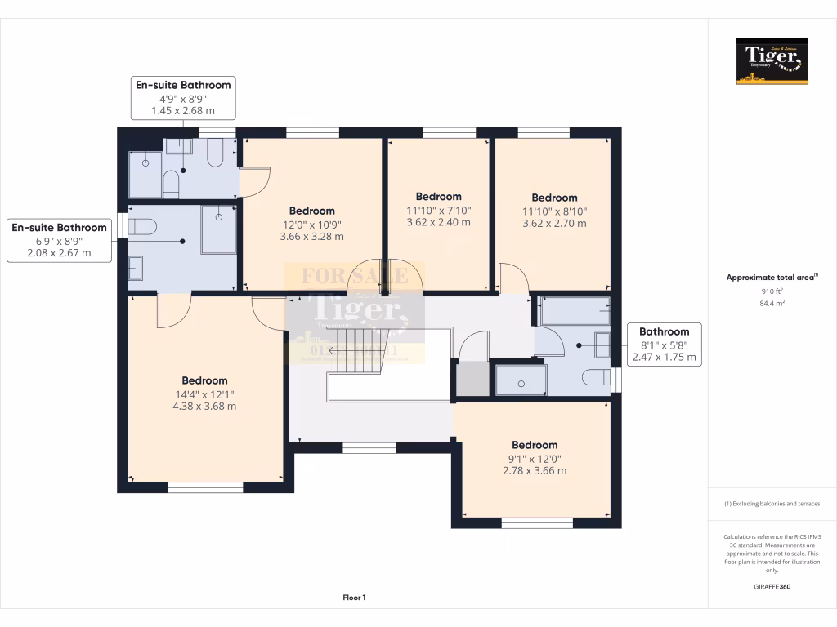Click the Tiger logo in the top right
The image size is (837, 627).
(x=772, y=60)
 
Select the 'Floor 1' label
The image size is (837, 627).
(x=354, y=598)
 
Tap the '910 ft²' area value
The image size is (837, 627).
(x=772, y=291)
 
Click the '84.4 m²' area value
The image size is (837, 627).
(x=772, y=304)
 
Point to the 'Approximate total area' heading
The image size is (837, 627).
(x=771, y=278)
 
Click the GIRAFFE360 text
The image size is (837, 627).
(x=772, y=586)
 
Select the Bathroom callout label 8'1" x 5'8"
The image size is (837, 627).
(x=664, y=344)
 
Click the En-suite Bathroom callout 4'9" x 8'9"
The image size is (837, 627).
(x=183, y=97)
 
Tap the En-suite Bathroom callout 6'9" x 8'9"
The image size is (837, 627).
(x=59, y=240)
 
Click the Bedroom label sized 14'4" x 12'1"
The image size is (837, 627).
(x=204, y=393)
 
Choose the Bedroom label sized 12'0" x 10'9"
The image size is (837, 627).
(x=311, y=223)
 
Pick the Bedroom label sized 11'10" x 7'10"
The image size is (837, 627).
(x=439, y=208)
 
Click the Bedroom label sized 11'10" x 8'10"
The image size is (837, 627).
(x=554, y=210)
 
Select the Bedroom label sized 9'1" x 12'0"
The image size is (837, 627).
(x=535, y=457)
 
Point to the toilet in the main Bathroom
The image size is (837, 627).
(x=596, y=377)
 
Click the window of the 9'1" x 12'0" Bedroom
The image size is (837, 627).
(x=537, y=522)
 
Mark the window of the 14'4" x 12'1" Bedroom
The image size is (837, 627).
(x=205, y=487)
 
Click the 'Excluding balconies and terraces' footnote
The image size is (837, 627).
(x=772, y=504)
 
